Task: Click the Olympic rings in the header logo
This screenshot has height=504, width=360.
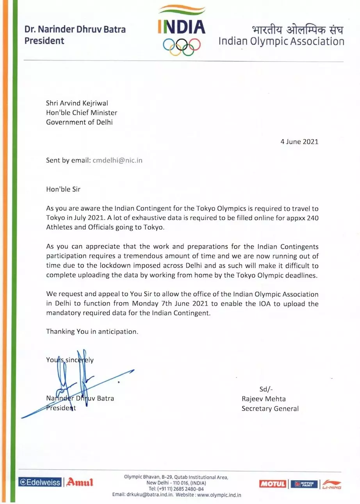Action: (x=182, y=45)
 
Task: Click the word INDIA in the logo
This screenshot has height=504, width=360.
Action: (x=182, y=27)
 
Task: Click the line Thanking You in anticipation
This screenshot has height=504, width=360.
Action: (x=92, y=331)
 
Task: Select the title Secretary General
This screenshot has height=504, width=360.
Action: (x=270, y=409)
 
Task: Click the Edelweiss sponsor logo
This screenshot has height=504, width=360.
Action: (x=40, y=482)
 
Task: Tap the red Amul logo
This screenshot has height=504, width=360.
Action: (x=80, y=482)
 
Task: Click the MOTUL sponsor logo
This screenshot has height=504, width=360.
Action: (x=273, y=484)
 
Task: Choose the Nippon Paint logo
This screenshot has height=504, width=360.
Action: (x=304, y=484)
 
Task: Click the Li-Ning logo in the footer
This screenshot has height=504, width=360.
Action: (x=331, y=484)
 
